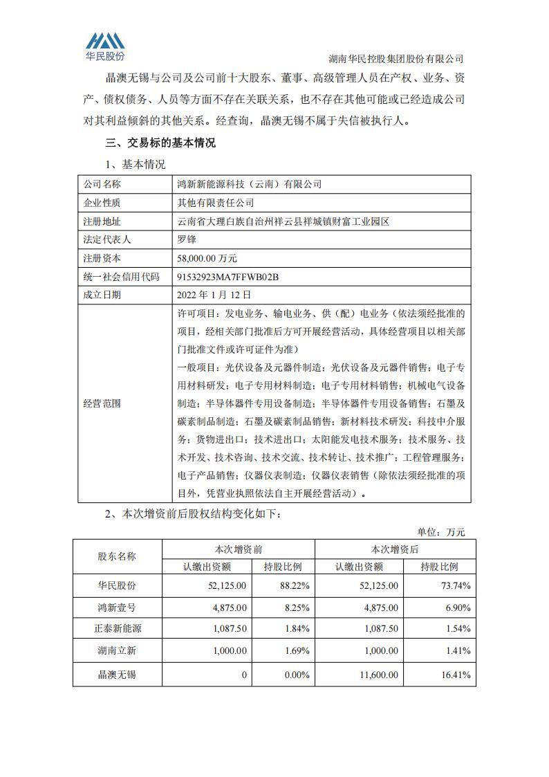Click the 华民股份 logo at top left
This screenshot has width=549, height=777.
pos(105,46)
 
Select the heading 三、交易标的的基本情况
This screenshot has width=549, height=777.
pos(160,143)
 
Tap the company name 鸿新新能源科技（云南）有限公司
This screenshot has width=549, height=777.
pos(250,184)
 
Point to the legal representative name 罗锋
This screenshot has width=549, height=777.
pos(187,239)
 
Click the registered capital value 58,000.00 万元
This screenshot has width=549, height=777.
pos(207,258)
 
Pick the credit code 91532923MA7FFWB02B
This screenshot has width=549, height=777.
pos(228,277)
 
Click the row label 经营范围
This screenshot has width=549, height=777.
pos(102,403)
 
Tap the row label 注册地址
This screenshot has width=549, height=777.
pos(102,221)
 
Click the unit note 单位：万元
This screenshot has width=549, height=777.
pos(441,532)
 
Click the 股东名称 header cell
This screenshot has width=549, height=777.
pos(117,557)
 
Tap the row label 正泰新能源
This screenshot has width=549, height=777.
pos(117,629)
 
